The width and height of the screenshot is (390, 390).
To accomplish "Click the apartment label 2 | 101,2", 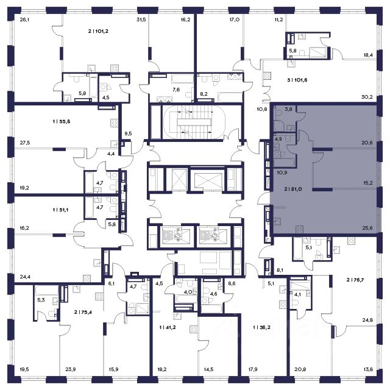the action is [98, 31].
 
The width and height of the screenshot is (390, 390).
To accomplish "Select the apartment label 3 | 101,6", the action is [297, 80].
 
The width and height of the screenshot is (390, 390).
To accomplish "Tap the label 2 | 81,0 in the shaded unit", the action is [293, 189].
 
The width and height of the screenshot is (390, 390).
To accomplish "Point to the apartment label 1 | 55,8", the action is [61, 122].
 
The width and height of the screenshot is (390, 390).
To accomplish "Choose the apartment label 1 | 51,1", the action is [60, 210].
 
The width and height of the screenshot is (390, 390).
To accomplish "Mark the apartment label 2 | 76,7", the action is [355, 280].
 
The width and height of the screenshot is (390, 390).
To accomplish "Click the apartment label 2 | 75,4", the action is [83, 312].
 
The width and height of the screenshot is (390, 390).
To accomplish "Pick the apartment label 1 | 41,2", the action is [168, 328].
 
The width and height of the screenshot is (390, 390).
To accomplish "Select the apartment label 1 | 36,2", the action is [261, 328].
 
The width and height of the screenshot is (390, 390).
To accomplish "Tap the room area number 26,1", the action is [24, 19].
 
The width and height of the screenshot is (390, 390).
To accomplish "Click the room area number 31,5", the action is [141, 19].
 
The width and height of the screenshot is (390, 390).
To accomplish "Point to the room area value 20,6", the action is [367, 143].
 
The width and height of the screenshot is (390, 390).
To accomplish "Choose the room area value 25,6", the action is [367, 228].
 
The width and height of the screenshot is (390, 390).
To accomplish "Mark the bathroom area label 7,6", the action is [176, 90].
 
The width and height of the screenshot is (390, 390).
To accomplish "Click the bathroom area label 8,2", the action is [204, 94].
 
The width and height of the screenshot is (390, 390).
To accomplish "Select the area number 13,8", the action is [368, 370].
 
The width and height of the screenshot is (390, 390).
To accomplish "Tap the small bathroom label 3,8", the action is [288, 109].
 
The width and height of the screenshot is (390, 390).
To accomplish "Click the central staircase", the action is [194, 122].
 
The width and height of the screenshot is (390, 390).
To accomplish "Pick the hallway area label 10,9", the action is [282, 172].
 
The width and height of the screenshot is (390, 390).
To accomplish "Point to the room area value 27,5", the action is [24, 143].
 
